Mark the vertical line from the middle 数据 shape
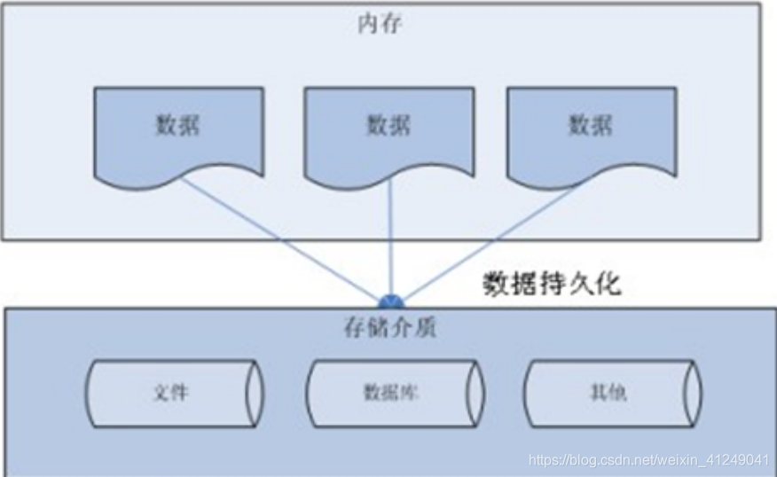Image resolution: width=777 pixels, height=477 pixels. coord(390,239)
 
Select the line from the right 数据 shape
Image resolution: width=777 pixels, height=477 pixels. coord(488,240)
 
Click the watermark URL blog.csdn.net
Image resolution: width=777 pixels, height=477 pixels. coord(648,460)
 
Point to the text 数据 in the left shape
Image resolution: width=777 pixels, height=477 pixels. coord(177,124)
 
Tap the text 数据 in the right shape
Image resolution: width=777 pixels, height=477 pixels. coord(591,124)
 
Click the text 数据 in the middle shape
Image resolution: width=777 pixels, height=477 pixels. coord(389,124)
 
